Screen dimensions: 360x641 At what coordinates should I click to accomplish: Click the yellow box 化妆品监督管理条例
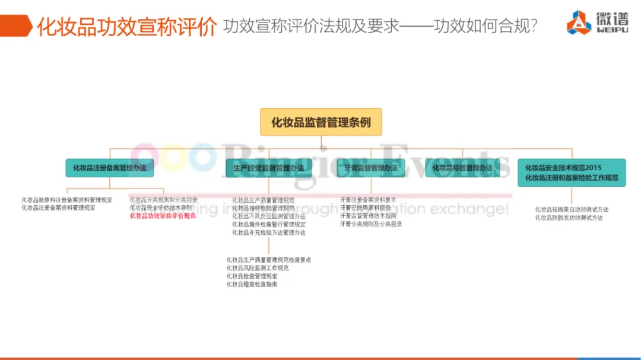coord(320,122)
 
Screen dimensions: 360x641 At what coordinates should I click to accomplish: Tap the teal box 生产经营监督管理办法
coord(265,168)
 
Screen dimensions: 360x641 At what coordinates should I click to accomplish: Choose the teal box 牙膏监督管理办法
coord(371,168)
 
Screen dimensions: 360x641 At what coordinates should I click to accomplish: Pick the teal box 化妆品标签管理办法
coord(462,168)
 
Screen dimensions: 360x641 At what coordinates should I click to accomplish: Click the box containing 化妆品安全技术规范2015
coord(572,173)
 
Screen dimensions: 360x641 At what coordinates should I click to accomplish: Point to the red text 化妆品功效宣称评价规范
coord(163,216)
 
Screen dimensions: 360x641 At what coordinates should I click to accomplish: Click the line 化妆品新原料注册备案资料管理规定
coord(66,200)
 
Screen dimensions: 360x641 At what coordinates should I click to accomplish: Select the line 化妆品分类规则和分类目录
coord(164,200)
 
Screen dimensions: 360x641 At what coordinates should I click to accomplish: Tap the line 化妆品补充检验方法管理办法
coord(269,233)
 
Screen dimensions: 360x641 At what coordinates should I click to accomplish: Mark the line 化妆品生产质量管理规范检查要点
coord(268,260)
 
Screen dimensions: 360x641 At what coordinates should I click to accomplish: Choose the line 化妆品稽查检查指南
coord(252,285)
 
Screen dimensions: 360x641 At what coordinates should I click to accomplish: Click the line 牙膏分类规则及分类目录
coord(372,225)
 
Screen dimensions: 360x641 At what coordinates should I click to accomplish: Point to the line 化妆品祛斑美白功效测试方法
coord(572,209)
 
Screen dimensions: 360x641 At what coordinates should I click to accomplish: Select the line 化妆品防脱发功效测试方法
coord(569,218)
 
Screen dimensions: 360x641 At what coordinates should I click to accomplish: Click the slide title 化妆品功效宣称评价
coord(126,27)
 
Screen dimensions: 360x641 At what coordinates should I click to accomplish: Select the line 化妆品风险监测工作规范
coord(258,268)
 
